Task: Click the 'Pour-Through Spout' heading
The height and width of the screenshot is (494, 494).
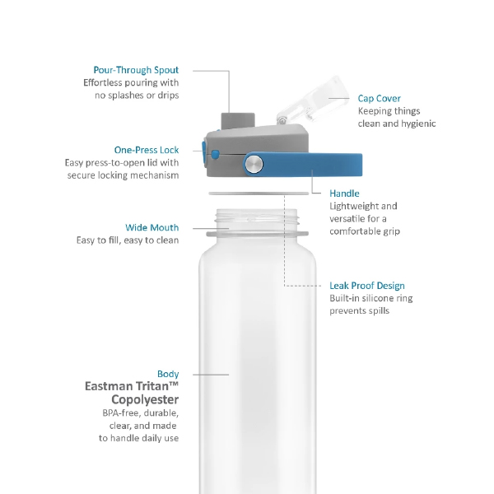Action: click(x=136, y=70)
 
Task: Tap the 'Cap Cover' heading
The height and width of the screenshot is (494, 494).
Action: click(x=380, y=99)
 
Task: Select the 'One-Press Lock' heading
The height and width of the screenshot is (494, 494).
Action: click(x=147, y=150)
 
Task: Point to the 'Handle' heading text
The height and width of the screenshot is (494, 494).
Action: click(x=344, y=193)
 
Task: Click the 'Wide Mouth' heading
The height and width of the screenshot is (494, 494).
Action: click(x=151, y=227)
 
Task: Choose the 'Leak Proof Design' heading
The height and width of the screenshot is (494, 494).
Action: click(x=367, y=286)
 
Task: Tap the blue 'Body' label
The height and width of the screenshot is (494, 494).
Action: click(x=168, y=374)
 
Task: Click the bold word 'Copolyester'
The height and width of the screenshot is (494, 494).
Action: click(x=145, y=400)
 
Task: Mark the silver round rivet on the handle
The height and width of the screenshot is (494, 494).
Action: click(x=254, y=164)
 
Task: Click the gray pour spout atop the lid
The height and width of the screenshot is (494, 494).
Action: click(x=238, y=121)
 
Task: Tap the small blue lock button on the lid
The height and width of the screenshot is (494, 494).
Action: click(x=216, y=155)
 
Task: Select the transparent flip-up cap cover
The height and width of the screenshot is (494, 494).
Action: click(x=312, y=100)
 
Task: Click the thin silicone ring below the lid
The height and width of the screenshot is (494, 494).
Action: click(x=259, y=193)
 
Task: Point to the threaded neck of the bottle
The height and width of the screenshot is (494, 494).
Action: click(x=257, y=217)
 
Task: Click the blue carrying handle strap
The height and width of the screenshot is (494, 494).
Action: click(x=303, y=165)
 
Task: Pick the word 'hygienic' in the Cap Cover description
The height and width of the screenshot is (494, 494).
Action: click(x=417, y=123)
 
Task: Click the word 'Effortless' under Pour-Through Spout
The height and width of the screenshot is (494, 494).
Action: click(x=102, y=83)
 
